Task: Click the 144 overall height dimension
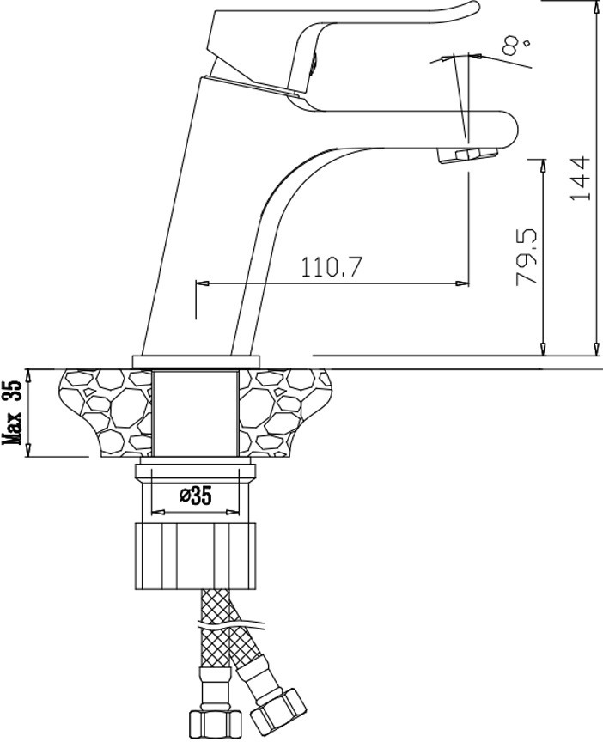581,178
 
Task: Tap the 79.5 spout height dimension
527,257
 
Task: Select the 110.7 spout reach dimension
332,268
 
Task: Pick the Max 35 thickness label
13,411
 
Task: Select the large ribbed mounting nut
195,556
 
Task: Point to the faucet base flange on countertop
197,361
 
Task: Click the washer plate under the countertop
195,471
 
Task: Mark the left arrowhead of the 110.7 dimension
202,284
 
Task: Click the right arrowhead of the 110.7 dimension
462,284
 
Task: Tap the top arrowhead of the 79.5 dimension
542,165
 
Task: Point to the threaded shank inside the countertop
196,412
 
